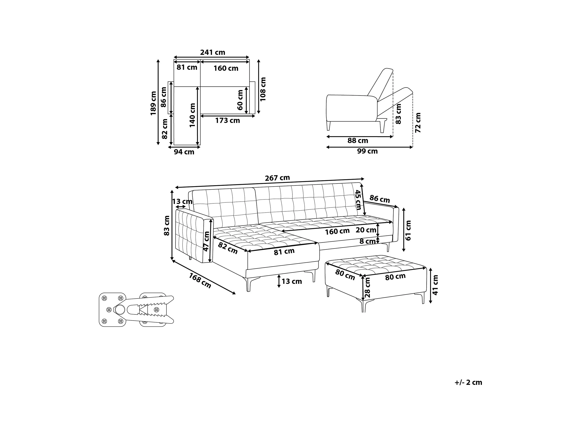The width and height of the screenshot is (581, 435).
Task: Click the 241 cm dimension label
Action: click(213, 53)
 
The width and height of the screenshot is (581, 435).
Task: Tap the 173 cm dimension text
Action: click(228, 121)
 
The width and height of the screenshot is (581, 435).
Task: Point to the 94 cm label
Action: click(184, 152)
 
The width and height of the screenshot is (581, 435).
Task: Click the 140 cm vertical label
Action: click(192, 115)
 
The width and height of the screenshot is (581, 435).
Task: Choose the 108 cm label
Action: click(263, 89)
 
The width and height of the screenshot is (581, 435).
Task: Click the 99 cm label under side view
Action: click(367, 151)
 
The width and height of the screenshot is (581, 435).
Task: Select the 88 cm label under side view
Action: click(358, 141)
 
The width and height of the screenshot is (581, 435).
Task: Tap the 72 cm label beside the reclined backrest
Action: click(418, 123)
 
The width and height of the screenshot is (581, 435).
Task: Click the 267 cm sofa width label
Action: click(277, 178)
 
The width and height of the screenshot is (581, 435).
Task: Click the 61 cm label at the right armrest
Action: click(408, 231)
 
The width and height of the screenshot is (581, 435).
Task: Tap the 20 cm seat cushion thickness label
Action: click(366, 230)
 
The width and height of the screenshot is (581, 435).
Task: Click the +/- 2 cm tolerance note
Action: click(468, 382)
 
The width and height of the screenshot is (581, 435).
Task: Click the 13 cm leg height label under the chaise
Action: click(291, 282)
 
